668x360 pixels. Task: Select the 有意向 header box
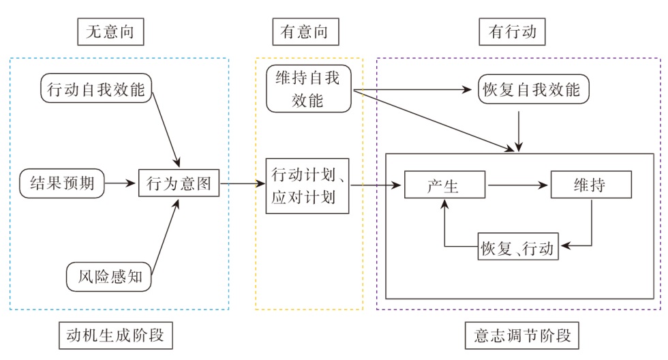[309, 31]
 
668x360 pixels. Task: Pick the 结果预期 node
[62, 183]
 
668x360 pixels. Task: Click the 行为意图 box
[179, 183]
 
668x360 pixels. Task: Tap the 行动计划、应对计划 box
[308, 183]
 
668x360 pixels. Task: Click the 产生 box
[444, 184]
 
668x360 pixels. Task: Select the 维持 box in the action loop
[590, 184]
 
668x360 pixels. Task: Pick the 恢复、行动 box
[519, 246]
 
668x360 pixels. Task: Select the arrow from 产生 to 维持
[517, 184]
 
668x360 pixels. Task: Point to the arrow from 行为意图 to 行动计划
[242, 183]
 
